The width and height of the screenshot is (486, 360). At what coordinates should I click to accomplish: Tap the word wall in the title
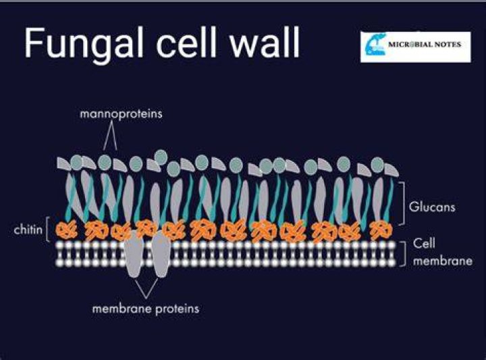(265, 42)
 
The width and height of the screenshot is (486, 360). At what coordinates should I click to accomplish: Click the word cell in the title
(186, 42)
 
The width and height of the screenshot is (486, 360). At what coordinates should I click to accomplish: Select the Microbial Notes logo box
(415, 47)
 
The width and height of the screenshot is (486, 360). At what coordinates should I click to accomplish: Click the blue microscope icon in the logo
(375, 45)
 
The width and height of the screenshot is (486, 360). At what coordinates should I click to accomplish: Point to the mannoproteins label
(122, 114)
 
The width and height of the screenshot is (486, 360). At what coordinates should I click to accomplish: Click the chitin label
(28, 230)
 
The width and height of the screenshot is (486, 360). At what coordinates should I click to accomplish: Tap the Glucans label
(432, 207)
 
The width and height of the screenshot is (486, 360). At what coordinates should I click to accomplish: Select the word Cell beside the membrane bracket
(424, 243)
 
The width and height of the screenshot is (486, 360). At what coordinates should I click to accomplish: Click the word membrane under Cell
(443, 261)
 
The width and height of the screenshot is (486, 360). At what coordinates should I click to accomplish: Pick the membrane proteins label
(146, 309)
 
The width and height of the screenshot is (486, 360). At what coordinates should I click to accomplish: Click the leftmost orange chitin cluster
(66, 230)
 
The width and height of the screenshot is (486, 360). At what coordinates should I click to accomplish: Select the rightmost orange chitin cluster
(382, 231)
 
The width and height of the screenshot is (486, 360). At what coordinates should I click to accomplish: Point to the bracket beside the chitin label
(47, 229)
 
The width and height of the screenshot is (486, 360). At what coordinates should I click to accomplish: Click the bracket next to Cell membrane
(404, 254)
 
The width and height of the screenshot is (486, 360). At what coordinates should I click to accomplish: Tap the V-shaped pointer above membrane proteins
(146, 288)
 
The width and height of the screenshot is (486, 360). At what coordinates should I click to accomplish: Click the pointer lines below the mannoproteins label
(110, 136)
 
